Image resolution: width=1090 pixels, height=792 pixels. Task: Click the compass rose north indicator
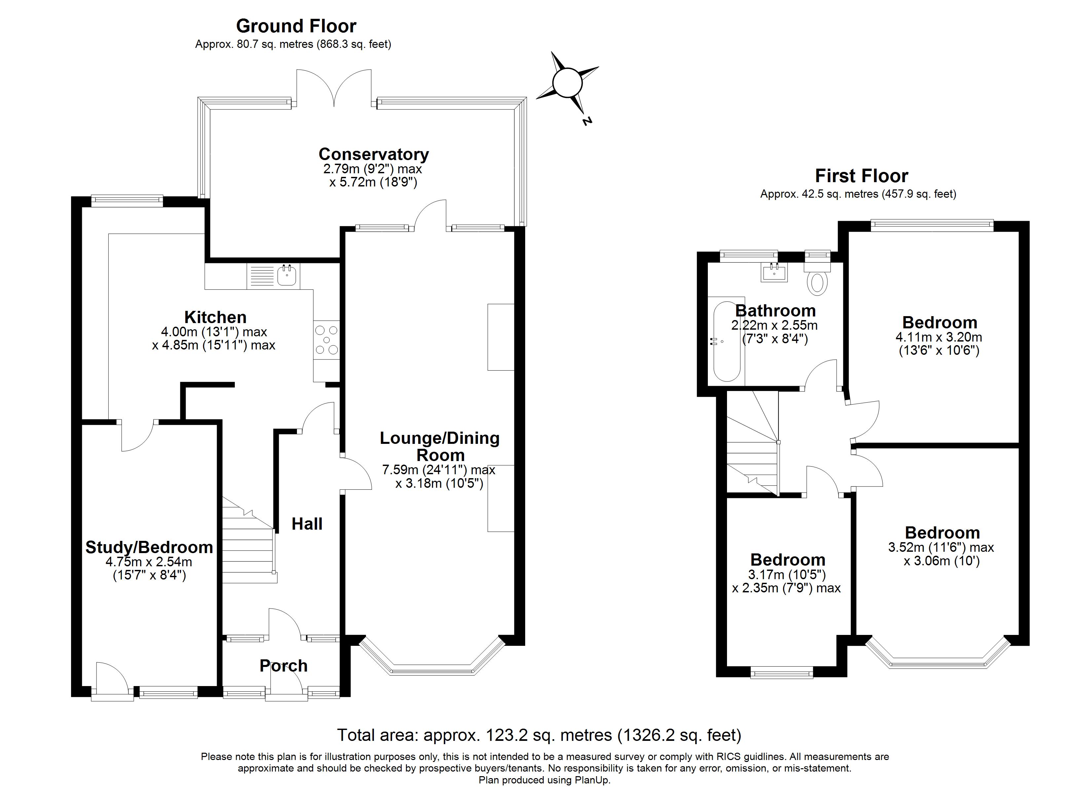click(567, 83)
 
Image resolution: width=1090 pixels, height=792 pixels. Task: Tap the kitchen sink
click(287, 275)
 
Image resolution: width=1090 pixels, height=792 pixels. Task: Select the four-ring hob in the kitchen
click(326, 340)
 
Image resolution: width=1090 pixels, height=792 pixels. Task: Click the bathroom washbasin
click(774, 272)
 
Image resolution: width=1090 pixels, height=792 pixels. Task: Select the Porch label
click(283, 666)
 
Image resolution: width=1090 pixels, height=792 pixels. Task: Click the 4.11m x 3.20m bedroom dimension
click(939, 337)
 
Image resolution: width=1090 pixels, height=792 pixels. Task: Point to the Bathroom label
click(775, 310)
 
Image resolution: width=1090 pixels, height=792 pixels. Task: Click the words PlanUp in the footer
click(592, 780)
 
